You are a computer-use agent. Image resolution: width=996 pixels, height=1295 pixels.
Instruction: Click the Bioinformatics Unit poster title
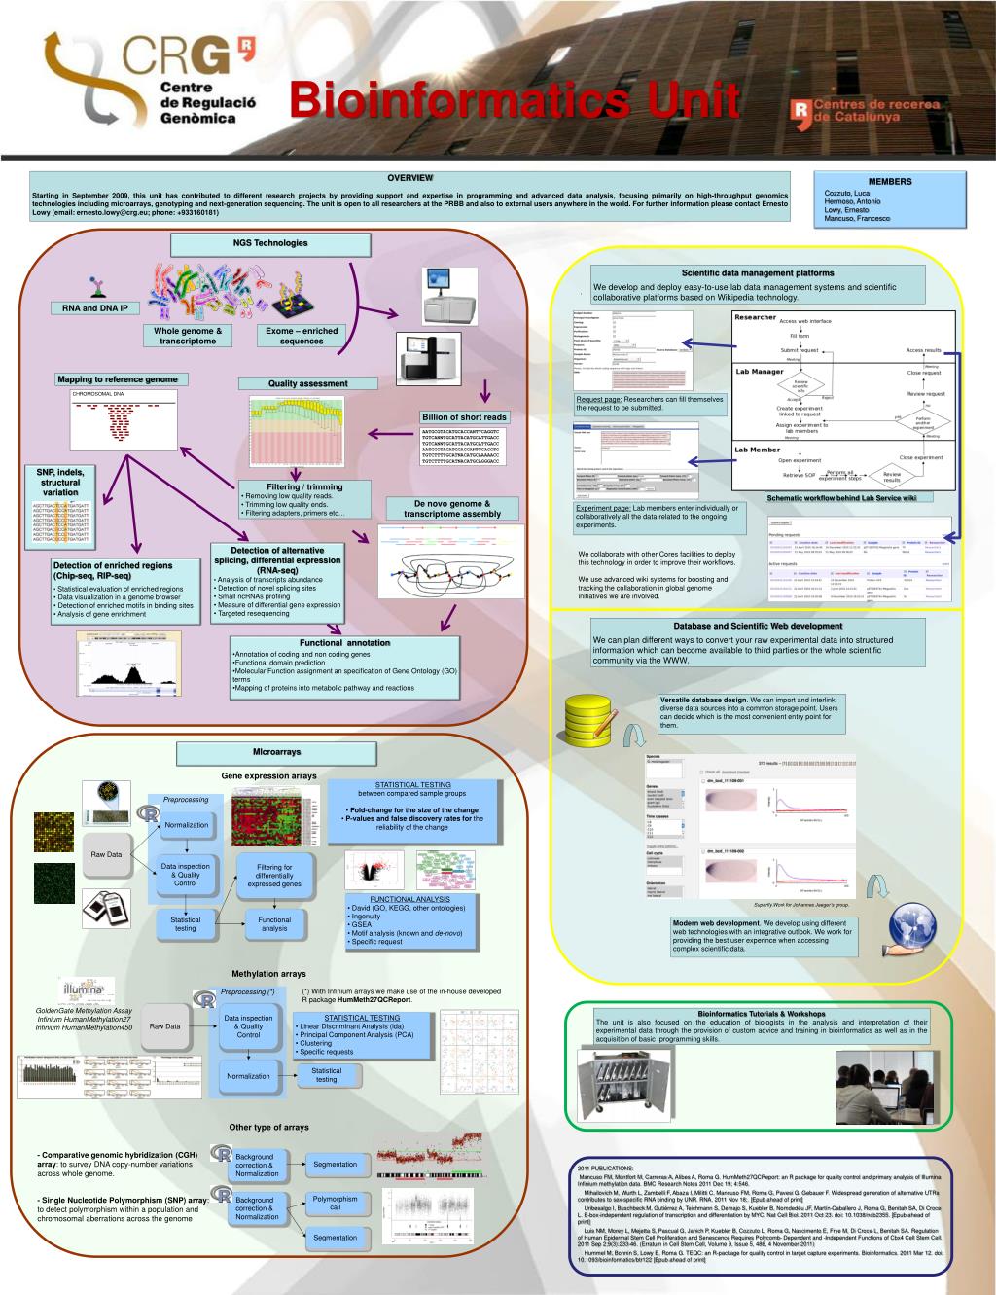pyautogui.click(x=515, y=100)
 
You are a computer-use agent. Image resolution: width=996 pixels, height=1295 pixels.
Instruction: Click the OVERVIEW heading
pyautogui.click(x=409, y=178)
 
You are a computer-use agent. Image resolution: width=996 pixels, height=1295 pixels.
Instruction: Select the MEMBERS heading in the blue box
pyautogui.click(x=889, y=182)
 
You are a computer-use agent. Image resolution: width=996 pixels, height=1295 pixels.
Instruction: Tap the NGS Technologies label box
pyautogui.click(x=269, y=243)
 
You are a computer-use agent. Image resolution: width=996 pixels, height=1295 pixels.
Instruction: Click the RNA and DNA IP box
pyautogui.click(x=95, y=308)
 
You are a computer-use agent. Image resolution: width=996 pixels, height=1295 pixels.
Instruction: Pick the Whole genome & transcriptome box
pyautogui.click(x=188, y=336)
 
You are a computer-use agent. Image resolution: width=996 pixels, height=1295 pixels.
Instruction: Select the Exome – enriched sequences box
pyautogui.click(x=302, y=336)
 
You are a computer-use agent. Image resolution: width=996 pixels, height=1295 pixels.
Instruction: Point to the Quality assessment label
pyautogui.click(x=308, y=383)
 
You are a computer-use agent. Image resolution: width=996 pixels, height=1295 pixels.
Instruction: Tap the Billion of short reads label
pyautogui.click(x=464, y=417)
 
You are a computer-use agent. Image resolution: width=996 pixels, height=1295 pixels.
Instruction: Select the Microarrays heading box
pyautogui.click(x=277, y=752)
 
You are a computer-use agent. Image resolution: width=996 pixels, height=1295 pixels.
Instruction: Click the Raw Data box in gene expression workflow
pyautogui.click(x=107, y=855)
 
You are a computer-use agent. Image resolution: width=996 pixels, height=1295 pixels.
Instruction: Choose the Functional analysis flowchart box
pyautogui.click(x=274, y=924)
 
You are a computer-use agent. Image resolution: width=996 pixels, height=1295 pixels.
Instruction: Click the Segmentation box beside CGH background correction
pyautogui.click(x=335, y=1165)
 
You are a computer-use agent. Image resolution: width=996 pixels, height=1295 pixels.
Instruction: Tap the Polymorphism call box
pyautogui.click(x=335, y=1204)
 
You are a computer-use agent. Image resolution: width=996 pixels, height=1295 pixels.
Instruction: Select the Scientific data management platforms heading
pyautogui.click(x=757, y=273)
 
